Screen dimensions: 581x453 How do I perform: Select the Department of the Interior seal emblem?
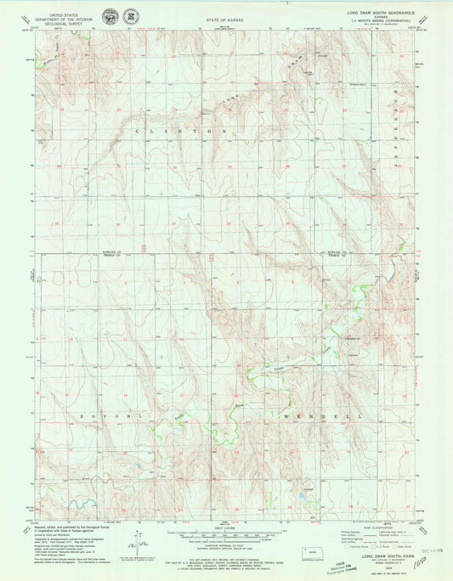click(x=110, y=17)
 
